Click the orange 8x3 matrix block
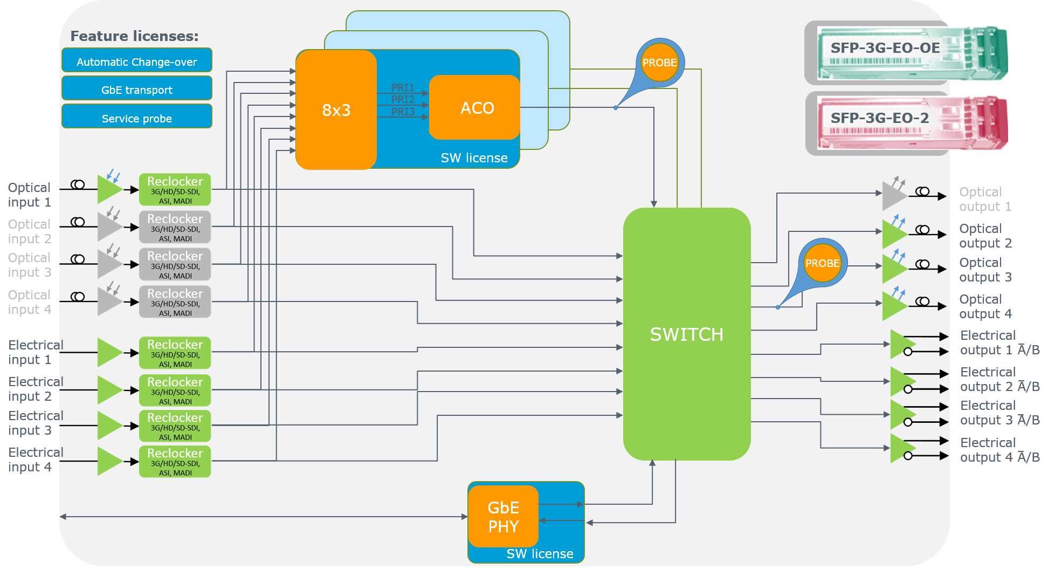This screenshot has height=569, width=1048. [336, 110]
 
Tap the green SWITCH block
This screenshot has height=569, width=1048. [686, 334]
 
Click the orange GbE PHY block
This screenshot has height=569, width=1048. [503, 517]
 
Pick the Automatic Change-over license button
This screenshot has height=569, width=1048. [137, 61]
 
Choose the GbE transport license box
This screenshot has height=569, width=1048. [137, 89]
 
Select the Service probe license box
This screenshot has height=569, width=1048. [137, 118]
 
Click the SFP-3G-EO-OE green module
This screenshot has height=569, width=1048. [911, 53]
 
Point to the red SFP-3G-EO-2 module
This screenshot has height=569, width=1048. [911, 123]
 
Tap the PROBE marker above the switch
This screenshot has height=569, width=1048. [659, 63]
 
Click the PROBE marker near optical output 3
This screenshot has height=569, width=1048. [822, 263]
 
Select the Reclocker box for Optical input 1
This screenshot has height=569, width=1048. [175, 190]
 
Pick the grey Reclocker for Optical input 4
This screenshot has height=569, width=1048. [175, 302]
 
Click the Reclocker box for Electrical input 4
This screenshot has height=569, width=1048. [175, 462]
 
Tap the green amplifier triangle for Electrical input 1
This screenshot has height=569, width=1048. [109, 352]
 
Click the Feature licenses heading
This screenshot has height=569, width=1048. [134, 36]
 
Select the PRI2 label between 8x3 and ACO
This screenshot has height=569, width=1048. [403, 100]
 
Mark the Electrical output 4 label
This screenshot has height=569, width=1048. [999, 450]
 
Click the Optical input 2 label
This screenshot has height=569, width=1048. [30, 231]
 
